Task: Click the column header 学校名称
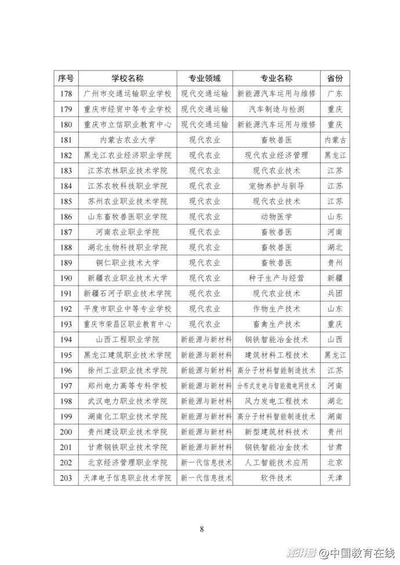128,78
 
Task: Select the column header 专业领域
204,78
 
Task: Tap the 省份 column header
334,78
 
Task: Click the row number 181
66,140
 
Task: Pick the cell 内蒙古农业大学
128,140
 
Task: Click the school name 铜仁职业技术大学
128,262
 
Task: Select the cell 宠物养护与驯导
276,186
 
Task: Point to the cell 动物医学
276,217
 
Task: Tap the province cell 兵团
334,293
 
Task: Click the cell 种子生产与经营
276,278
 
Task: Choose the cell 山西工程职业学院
128,339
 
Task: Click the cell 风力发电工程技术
276,401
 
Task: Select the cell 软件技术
276,478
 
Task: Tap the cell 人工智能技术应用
276,462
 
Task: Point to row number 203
66,478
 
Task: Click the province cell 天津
334,478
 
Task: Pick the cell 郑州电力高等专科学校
128,386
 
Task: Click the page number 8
201,529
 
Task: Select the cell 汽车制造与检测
276,109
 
